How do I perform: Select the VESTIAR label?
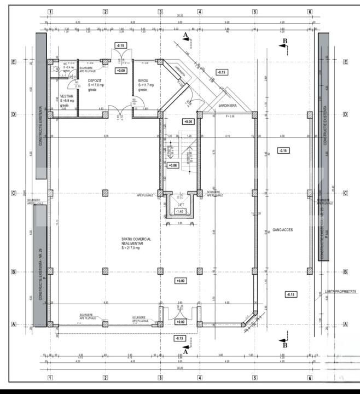coord(67,95)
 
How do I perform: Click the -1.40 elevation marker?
coord(180,211)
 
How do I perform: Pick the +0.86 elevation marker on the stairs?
coord(173,165)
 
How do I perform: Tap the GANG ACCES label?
coord(282,230)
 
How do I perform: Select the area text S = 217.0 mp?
coord(134,248)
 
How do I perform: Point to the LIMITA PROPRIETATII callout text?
coord(340,292)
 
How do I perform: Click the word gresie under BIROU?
coord(142,90)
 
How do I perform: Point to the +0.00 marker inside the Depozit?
coord(120,71)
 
